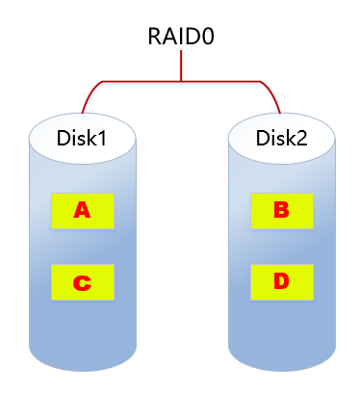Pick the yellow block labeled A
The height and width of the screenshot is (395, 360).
pyautogui.click(x=82, y=209)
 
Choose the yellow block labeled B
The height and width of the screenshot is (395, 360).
pyautogui.click(x=281, y=209)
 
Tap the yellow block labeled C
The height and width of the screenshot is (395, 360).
pyautogui.click(x=82, y=282)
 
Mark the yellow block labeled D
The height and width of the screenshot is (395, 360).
pyautogui.click(x=281, y=282)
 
